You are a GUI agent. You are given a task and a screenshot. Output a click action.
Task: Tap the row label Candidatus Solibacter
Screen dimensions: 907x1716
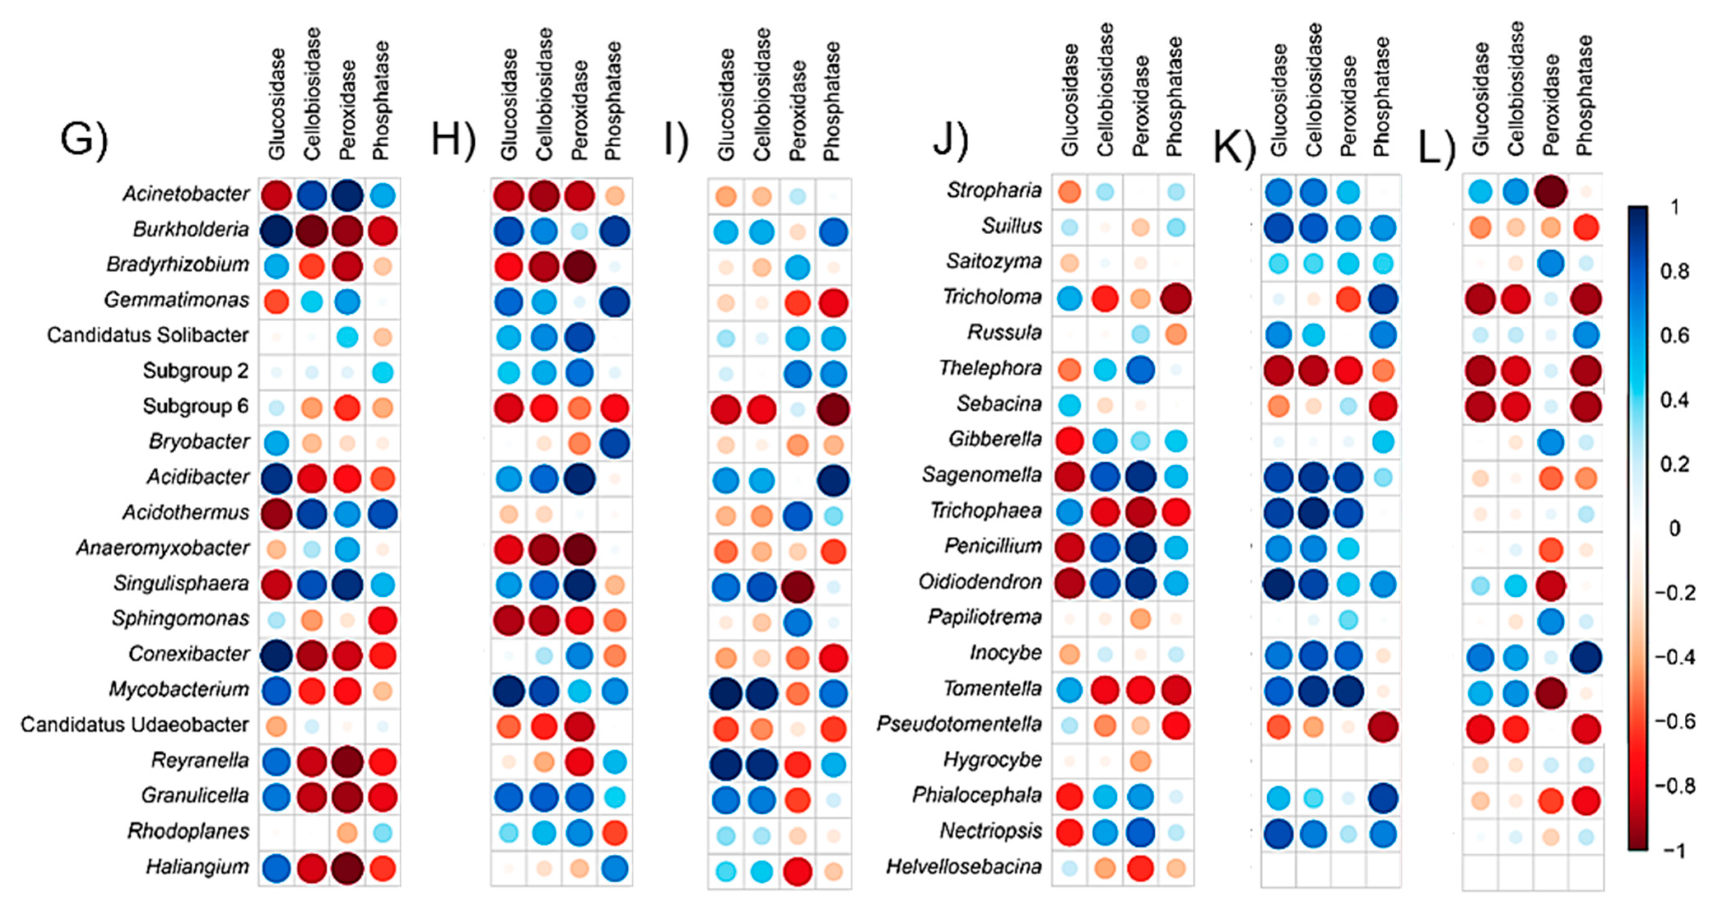(x=147, y=335)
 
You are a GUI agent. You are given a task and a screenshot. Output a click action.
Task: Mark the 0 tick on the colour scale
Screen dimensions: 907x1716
(x=1673, y=529)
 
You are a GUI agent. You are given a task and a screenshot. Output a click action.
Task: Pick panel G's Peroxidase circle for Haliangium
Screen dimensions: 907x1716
(x=347, y=868)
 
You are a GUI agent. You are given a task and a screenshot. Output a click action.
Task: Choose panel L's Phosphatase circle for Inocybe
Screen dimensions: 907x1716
(x=1585, y=657)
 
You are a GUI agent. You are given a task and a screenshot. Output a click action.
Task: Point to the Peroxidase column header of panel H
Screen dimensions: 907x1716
(x=580, y=110)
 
